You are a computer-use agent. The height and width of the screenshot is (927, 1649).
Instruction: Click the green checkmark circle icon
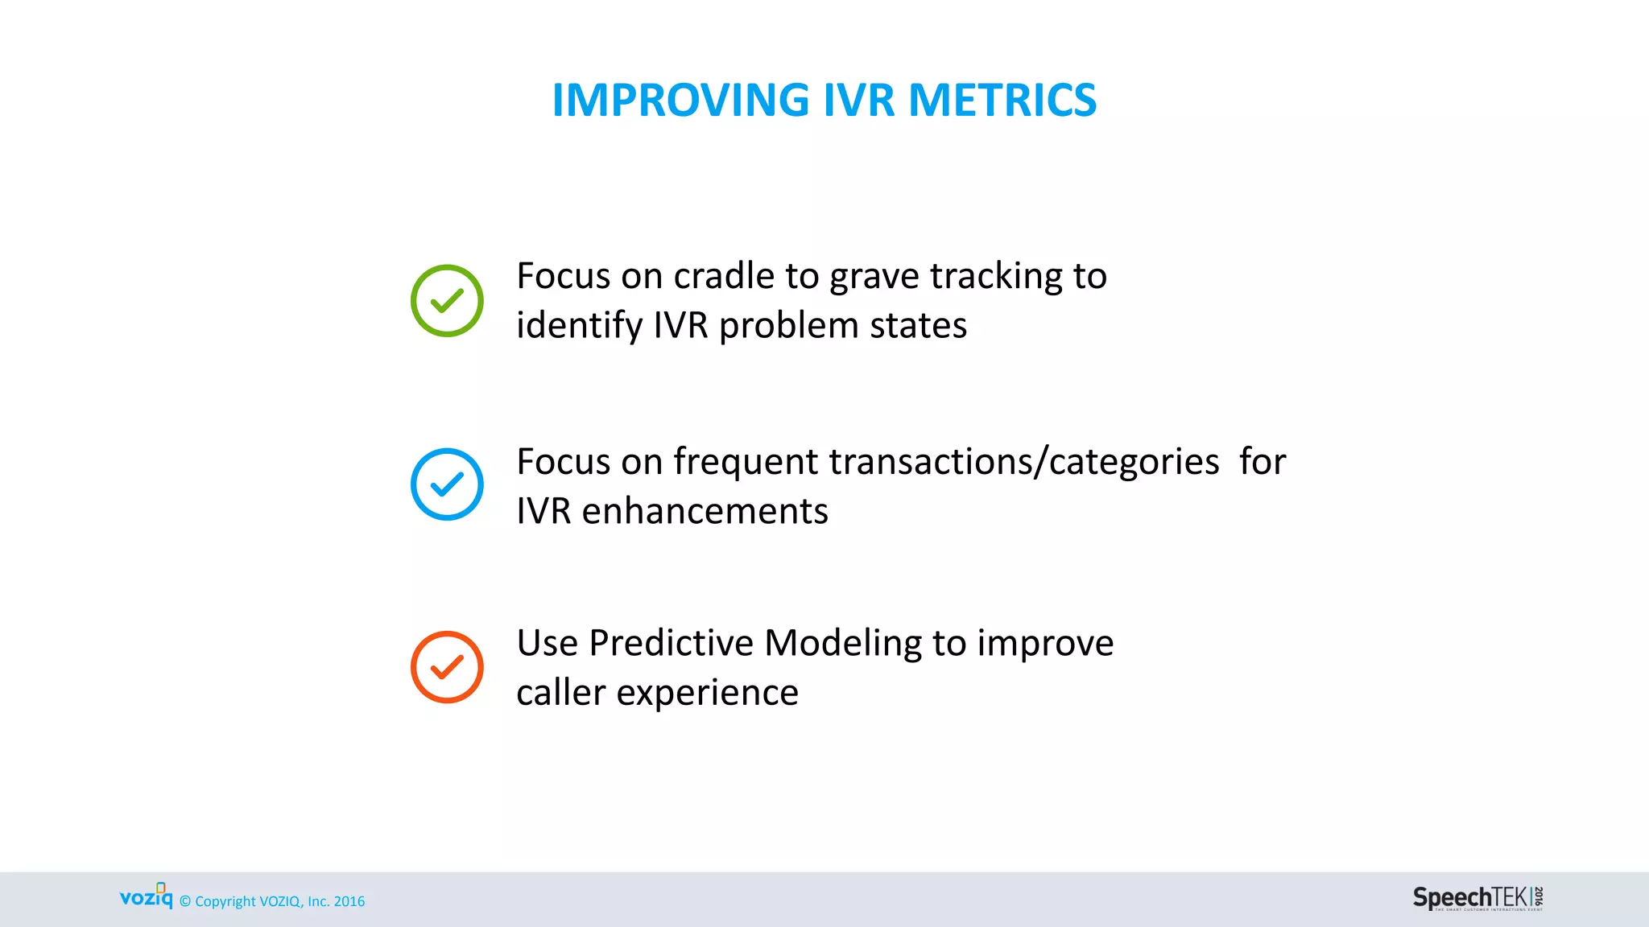coord(447,301)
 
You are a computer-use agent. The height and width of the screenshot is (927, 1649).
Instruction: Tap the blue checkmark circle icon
coord(447,484)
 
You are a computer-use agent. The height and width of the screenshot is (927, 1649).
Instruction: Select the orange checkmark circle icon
coord(447,667)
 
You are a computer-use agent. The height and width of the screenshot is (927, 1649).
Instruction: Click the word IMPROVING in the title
coord(680,101)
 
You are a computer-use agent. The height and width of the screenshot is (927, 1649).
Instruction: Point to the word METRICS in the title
coord(1002,101)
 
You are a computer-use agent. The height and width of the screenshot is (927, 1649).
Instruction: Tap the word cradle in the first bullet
coord(724,276)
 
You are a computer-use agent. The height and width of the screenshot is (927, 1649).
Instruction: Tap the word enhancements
coord(705,512)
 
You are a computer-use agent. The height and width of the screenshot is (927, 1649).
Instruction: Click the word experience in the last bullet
coord(707,694)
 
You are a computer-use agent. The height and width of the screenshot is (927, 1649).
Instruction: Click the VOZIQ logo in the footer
coord(147,896)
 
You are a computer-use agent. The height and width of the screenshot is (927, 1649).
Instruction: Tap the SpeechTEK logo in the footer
coord(1477,898)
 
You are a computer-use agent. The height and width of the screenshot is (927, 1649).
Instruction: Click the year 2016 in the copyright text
coord(349,902)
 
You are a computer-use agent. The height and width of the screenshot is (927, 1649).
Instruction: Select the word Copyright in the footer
coord(225,902)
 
